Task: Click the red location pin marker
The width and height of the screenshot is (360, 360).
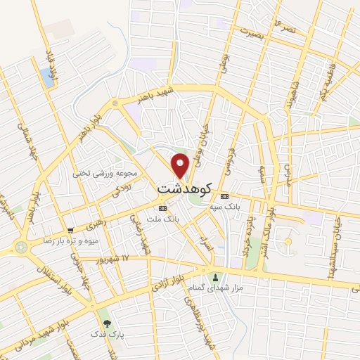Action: pyautogui.click(x=181, y=166)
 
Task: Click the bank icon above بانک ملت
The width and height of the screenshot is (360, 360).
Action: pyautogui.click(x=162, y=208)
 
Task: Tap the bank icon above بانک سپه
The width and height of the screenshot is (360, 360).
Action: pyautogui.click(x=225, y=196)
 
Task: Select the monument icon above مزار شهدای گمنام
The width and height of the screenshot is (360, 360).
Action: pyautogui.click(x=215, y=276)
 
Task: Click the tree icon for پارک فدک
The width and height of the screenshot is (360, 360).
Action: pyautogui.click(x=107, y=323)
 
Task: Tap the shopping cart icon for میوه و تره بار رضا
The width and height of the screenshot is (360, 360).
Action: pyautogui.click(x=70, y=231)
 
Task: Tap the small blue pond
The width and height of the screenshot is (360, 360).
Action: pyautogui.click(x=47, y=77)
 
